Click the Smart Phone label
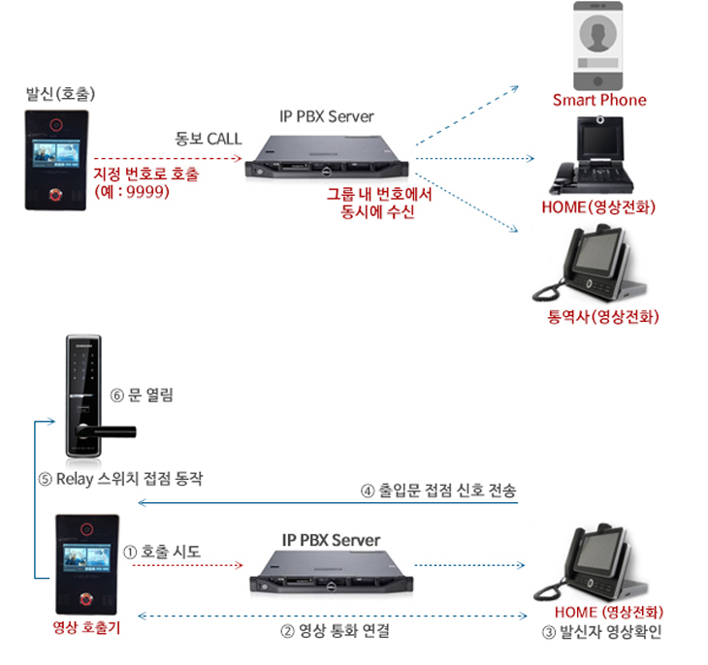click(x=599, y=100)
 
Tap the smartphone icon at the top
click(x=598, y=46)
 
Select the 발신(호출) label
click(x=60, y=95)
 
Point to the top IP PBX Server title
click(x=326, y=116)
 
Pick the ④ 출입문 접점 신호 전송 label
click(x=437, y=491)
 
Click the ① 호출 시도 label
click(x=162, y=551)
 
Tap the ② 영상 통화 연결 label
click(x=335, y=631)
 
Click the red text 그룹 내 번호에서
click(x=378, y=194)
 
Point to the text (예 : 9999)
click(x=133, y=191)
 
